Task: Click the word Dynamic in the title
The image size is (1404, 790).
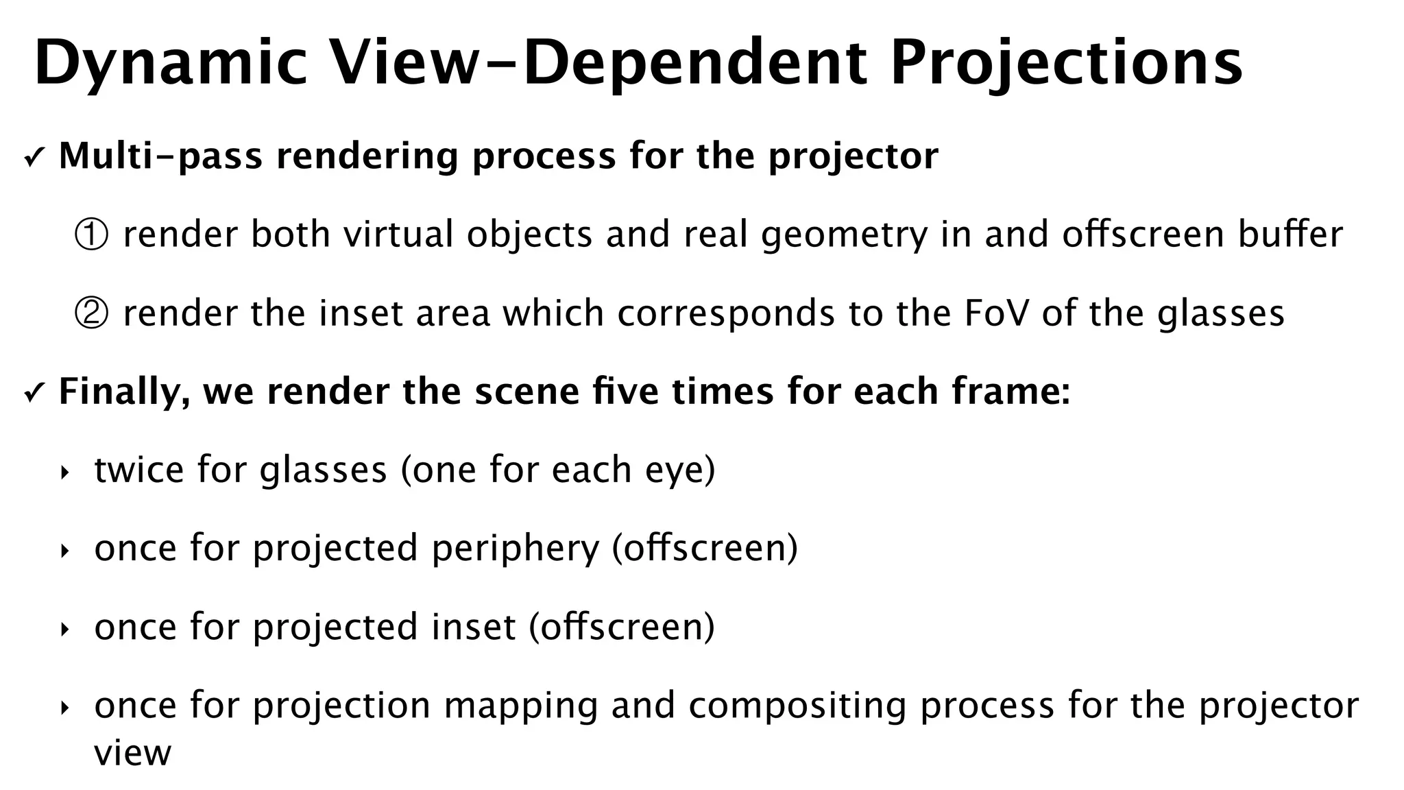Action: tap(171, 63)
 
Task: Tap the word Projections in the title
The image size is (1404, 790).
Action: tap(1066, 63)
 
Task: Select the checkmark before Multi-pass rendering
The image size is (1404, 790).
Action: tap(33, 159)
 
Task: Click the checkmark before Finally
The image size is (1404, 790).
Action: tap(33, 394)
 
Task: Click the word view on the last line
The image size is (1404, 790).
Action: tap(132, 753)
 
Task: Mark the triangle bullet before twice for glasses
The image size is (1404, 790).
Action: tap(65, 472)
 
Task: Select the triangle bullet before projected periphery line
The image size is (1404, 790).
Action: tap(65, 551)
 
